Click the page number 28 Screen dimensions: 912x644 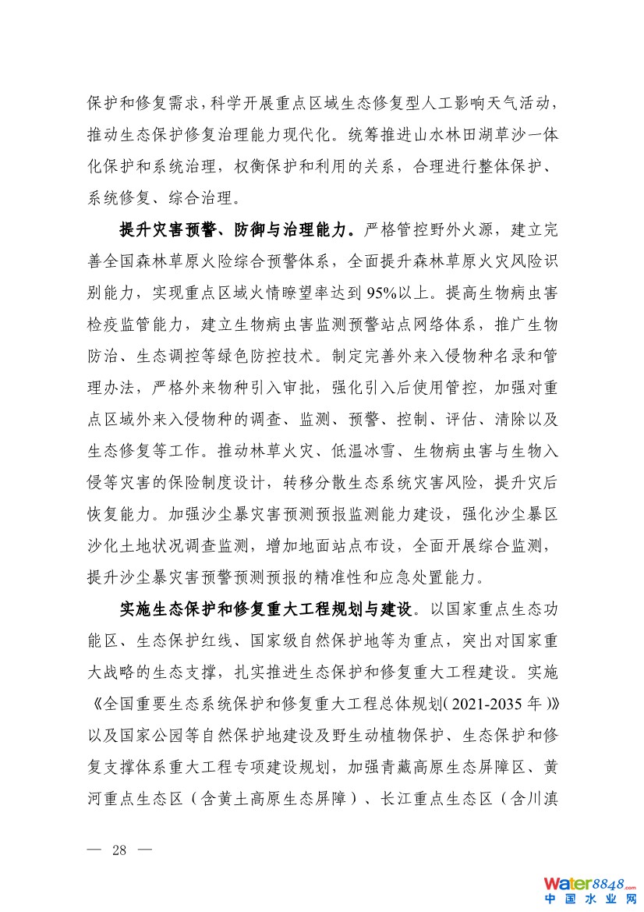pos(119,850)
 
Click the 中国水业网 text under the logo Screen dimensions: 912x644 pos(590,900)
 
